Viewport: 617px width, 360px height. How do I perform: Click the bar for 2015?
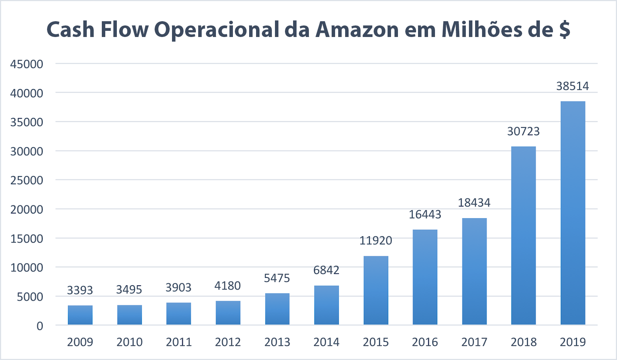[376, 290]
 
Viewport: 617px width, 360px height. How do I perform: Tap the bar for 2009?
[80, 315]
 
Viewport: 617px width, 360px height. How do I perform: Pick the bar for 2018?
[523, 235]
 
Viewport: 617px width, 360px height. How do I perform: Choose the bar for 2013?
[277, 309]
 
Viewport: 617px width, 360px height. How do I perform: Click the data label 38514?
[573, 86]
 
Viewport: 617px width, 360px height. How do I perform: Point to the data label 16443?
[425, 214]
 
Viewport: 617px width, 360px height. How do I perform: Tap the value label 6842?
[326, 270]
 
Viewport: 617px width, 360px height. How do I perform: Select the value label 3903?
[179, 288]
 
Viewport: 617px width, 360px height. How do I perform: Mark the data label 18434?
[474, 203]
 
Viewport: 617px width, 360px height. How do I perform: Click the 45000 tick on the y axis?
[27, 64]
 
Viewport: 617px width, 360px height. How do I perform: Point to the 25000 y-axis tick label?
[27, 180]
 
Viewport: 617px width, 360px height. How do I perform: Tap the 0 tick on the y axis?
[40, 326]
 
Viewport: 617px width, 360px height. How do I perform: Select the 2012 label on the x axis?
[228, 342]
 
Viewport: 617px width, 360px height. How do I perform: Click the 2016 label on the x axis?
[425, 342]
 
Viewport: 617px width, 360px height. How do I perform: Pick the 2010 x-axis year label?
[130, 342]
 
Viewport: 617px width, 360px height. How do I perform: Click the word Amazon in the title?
[357, 30]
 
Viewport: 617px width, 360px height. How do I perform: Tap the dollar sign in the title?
[565, 30]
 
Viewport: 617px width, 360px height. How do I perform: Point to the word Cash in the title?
[71, 30]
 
